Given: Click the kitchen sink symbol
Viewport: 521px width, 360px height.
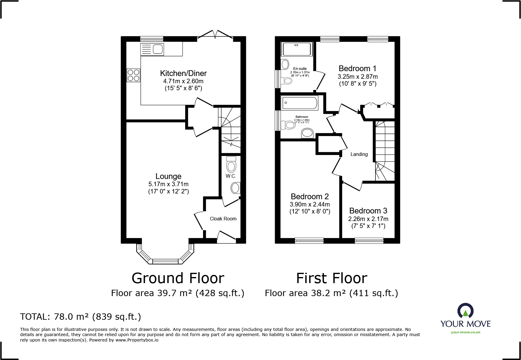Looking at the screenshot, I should tap(152, 49).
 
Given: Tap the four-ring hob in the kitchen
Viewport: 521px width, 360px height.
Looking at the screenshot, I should tap(133, 75).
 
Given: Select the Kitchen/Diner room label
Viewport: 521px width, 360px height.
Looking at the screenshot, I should tap(183, 73).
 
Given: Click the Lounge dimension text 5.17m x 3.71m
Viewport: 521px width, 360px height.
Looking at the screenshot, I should tap(168, 184).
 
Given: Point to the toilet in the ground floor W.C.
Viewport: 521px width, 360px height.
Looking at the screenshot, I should tap(231, 165).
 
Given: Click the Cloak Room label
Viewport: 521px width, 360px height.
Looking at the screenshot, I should tap(223, 219).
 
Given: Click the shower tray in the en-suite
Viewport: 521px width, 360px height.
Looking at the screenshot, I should tap(297, 49).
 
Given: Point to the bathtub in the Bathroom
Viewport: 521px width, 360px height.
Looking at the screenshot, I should tap(300, 103).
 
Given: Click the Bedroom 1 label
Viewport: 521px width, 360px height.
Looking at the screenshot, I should tap(357, 68).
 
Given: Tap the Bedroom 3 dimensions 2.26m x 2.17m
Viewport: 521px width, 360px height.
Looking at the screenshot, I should tap(368, 219).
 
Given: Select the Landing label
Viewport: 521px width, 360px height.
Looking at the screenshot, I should tap(359, 154).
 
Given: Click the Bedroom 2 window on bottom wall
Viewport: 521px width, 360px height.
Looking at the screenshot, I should tap(309, 241).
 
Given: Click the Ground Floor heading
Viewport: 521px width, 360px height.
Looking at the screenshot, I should tap(178, 278).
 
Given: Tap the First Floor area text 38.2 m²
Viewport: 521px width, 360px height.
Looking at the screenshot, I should tap(331, 293).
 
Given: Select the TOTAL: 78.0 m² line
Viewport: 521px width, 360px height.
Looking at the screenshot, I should tap(80, 317).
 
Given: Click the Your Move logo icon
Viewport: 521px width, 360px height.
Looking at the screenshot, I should tap(465, 311).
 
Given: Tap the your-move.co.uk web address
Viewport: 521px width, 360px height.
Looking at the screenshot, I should tap(465, 332).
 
